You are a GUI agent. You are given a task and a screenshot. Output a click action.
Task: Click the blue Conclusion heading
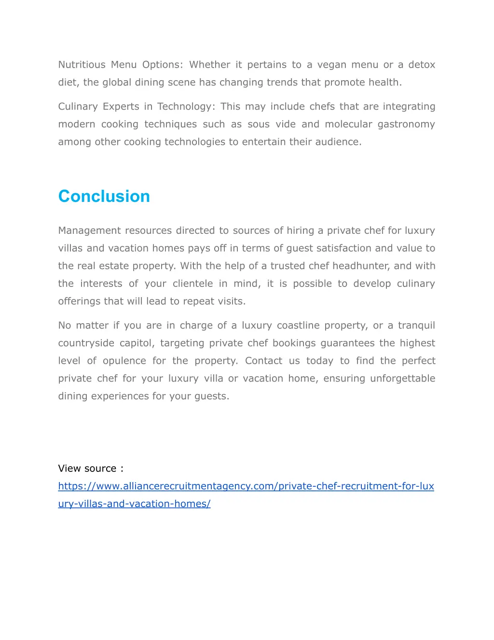(104, 196)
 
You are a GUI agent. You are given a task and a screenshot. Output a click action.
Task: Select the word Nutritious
(82, 65)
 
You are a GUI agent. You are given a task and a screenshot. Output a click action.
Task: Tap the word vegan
(331, 65)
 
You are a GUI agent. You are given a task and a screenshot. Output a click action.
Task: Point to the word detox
(422, 65)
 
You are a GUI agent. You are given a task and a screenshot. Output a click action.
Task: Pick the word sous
(259, 124)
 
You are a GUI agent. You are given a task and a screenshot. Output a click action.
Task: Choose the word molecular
(348, 124)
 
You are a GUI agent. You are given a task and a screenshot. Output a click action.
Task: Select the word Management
(89, 231)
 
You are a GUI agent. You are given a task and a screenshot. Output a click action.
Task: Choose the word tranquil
(416, 326)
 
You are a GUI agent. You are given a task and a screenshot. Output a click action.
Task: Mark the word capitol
(137, 343)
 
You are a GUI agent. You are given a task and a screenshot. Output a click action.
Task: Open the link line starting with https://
(246, 486)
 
